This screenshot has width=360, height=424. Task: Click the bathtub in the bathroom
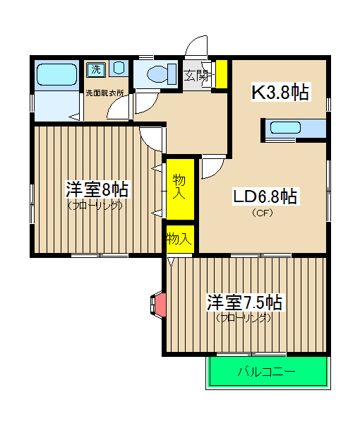point(56,74)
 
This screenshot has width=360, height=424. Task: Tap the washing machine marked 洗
point(95,69)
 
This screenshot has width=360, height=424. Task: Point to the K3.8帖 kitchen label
point(281,92)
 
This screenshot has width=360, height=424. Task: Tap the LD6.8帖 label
point(265,196)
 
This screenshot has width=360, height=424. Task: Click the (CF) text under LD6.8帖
point(263,212)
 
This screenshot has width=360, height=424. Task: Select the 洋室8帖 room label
point(97,189)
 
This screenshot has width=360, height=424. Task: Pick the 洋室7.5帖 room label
point(244,302)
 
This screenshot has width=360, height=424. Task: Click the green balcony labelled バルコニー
point(268,371)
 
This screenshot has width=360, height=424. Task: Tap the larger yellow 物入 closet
point(180,188)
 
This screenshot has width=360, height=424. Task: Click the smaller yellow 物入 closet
point(179,239)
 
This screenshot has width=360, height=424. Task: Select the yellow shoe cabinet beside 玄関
point(221,74)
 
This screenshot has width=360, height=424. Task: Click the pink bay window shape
point(160,304)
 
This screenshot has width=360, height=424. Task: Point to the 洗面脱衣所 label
point(105,93)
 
